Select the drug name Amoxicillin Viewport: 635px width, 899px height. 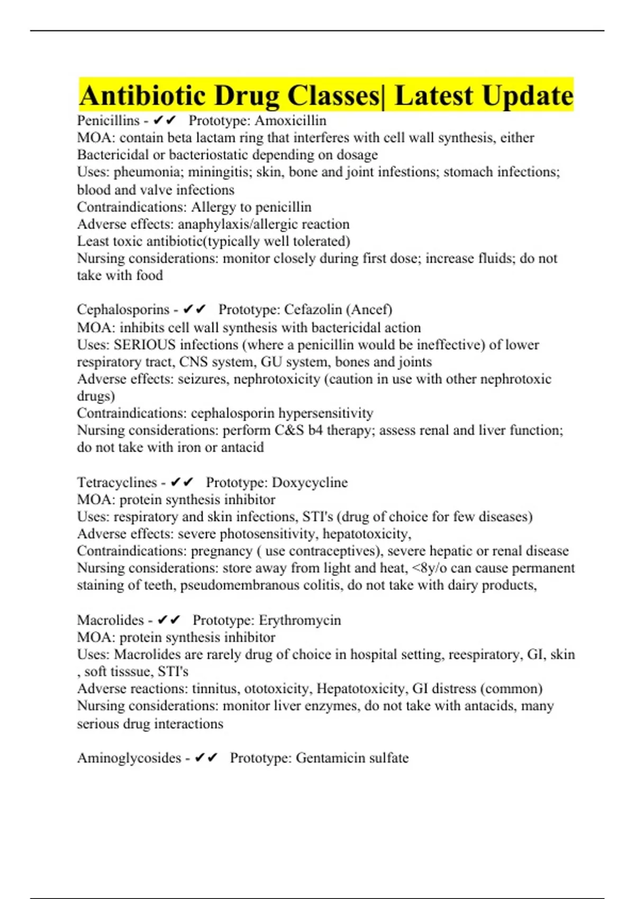(291, 121)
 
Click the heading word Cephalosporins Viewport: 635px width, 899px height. (123, 309)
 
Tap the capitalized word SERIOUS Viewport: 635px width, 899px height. (144, 345)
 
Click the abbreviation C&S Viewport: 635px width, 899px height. (289, 430)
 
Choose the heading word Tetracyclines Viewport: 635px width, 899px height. (117, 482)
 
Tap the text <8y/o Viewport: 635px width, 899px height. (429, 568)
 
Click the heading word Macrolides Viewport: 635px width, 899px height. (111, 620)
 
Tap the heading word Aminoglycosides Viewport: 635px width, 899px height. (129, 758)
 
